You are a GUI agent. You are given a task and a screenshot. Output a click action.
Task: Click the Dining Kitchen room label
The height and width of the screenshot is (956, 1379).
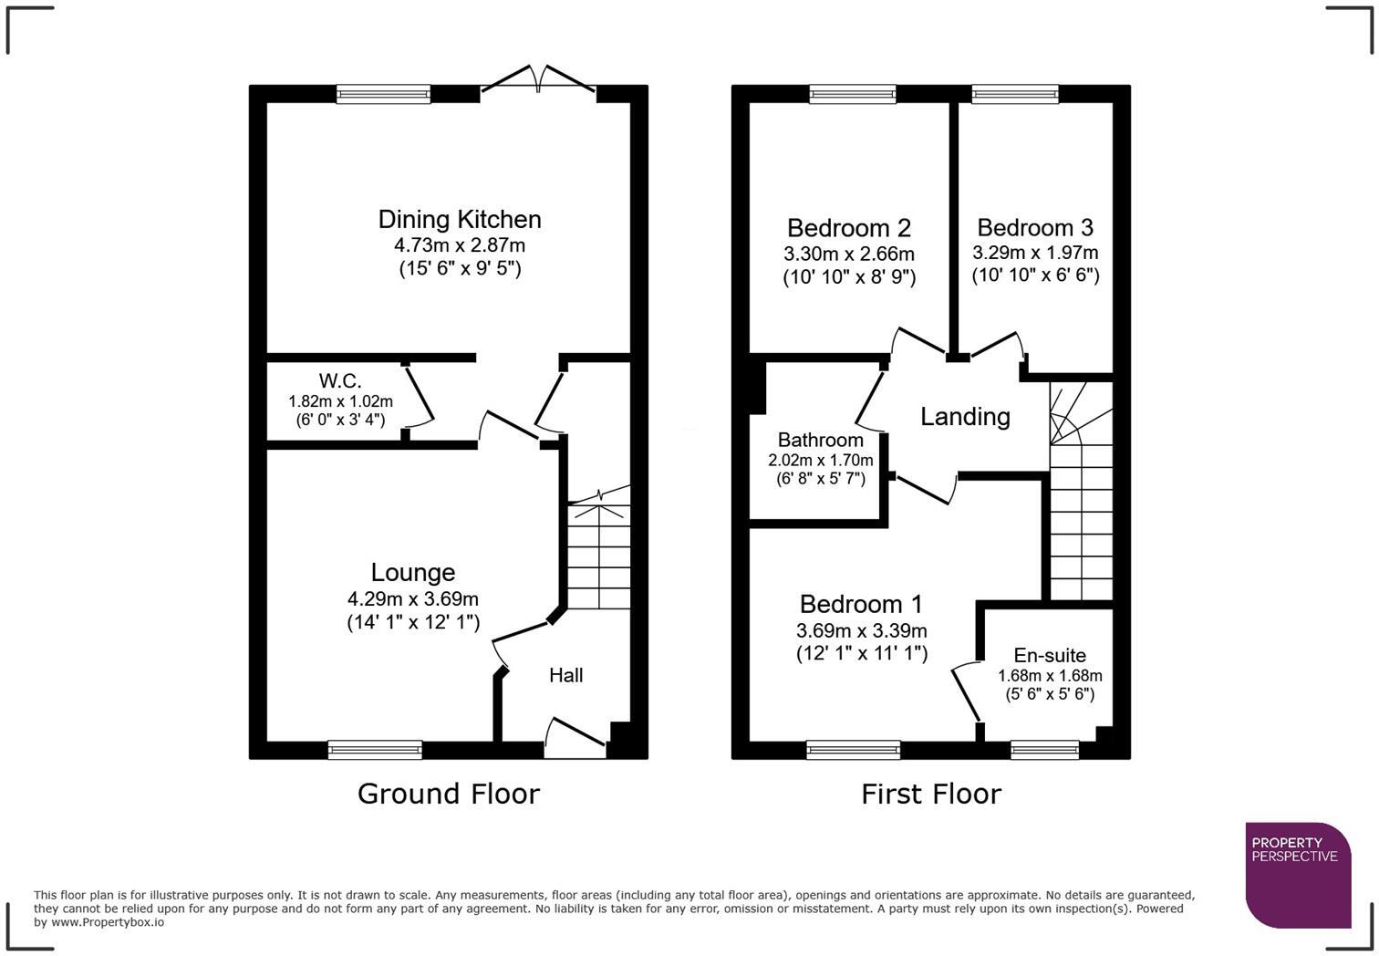(460, 219)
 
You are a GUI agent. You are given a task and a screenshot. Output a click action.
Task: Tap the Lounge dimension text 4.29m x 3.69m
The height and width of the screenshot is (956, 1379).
(412, 599)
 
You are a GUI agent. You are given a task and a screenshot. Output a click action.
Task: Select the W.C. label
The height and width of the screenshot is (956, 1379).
(339, 380)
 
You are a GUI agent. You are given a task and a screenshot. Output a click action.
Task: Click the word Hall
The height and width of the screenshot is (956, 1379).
(565, 675)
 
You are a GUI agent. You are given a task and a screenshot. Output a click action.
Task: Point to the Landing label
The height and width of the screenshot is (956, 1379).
(965, 417)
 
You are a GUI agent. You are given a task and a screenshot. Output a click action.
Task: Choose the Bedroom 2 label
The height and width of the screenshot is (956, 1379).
(848, 227)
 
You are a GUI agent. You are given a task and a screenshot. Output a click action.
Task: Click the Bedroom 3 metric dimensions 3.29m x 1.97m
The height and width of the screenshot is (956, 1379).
(1035, 253)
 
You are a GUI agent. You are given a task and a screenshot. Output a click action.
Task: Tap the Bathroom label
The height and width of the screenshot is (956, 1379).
(820, 440)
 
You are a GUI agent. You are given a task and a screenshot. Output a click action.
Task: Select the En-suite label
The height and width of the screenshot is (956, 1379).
(1050, 655)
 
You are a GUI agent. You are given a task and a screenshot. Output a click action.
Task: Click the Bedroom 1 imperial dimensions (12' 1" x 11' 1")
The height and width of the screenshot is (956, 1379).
(861, 653)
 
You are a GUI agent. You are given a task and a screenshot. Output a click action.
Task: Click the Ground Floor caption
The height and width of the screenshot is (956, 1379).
(448, 794)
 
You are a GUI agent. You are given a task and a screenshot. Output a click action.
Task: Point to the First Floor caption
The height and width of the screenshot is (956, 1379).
(930, 794)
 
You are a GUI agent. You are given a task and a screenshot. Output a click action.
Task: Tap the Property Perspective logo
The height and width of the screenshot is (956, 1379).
(1298, 874)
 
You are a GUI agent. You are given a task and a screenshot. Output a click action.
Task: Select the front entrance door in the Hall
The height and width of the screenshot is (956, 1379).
(576, 736)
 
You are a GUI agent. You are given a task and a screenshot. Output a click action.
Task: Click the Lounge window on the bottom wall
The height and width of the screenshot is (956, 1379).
(375, 750)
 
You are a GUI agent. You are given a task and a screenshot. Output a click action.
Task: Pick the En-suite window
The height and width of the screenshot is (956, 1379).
(1044, 750)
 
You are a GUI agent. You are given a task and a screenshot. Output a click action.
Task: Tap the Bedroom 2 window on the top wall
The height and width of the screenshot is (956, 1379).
(852, 93)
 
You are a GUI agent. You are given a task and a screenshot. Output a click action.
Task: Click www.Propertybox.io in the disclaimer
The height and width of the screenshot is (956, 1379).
(108, 922)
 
